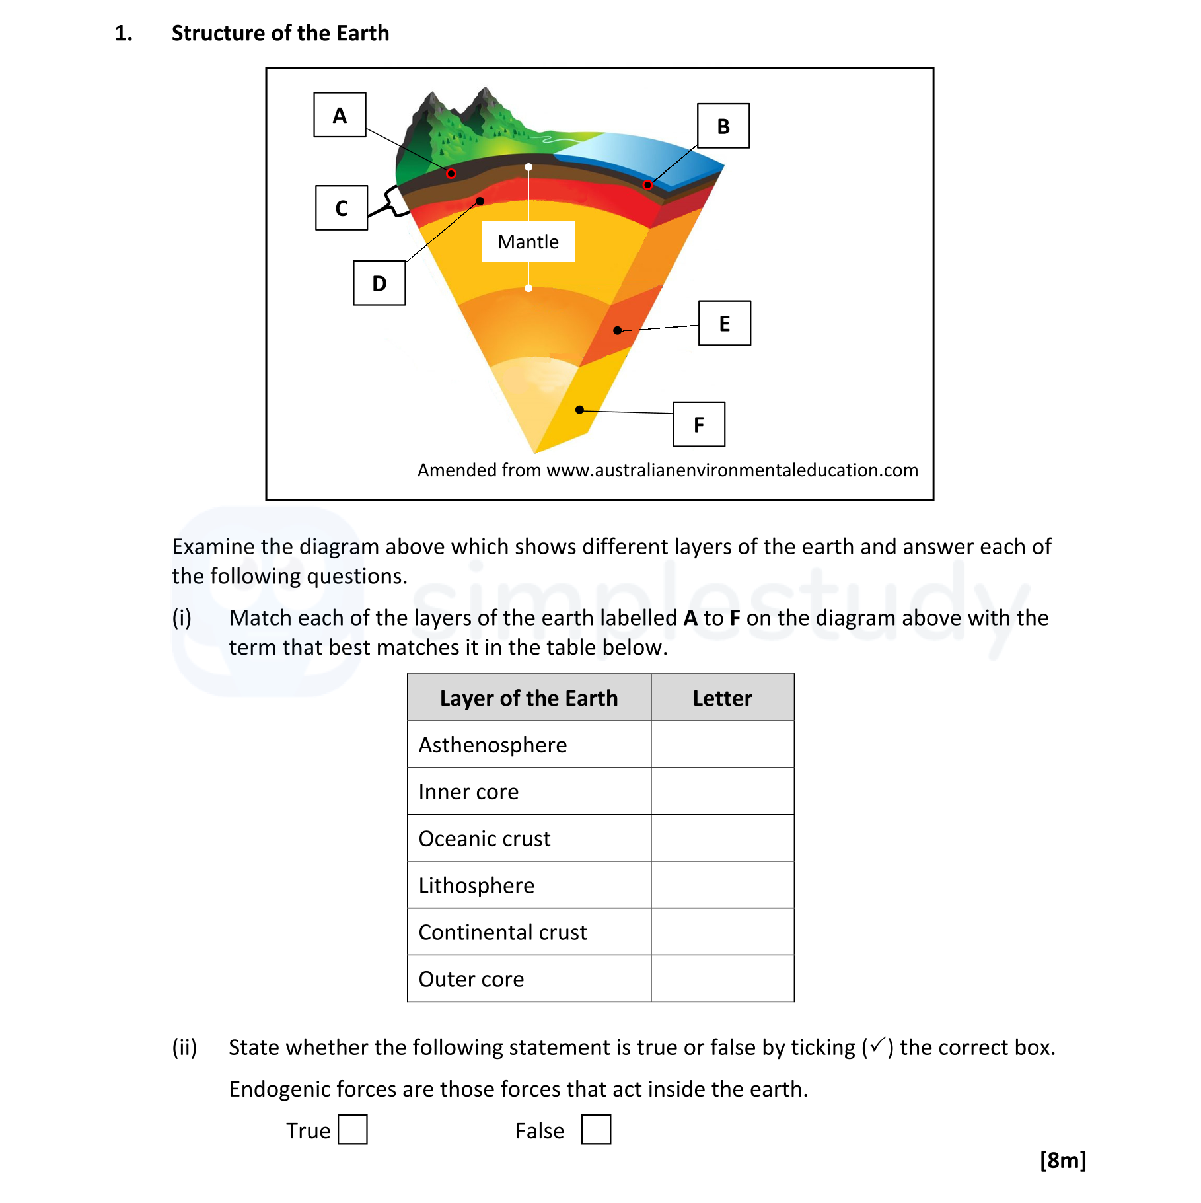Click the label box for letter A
pyautogui.click(x=340, y=115)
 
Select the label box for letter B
pyautogui.click(x=723, y=126)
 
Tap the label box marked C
pyautogui.click(x=341, y=208)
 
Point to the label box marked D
pyautogui.click(x=379, y=283)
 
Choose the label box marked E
pyautogui.click(x=724, y=324)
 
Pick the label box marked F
pyautogui.click(x=698, y=425)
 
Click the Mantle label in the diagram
pyautogui.click(x=528, y=242)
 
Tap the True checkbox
pyautogui.click(x=352, y=1130)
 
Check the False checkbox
pyautogui.click(x=596, y=1130)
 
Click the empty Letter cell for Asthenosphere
pyautogui.click(x=722, y=745)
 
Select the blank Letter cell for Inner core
pyautogui.click(x=722, y=791)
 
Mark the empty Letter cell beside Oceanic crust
pyautogui.click(x=722, y=838)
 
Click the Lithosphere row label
pyautogui.click(x=476, y=885)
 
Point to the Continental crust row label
pyautogui.click(x=502, y=932)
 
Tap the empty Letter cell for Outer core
pyautogui.click(x=722, y=979)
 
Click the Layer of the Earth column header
pyautogui.click(x=528, y=698)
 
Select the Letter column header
pyautogui.click(x=722, y=698)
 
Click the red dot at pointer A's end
pyautogui.click(x=451, y=174)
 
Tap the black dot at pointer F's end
pyautogui.click(x=579, y=410)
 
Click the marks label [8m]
pyautogui.click(x=1062, y=1160)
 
